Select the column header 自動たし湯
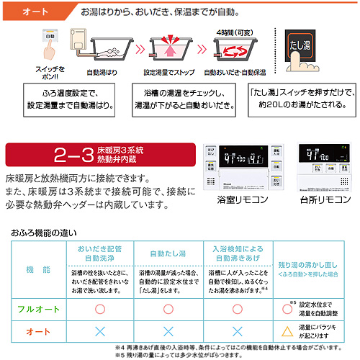click(x=170, y=253)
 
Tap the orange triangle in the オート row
click(x=287, y=332)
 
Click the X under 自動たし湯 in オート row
click(x=170, y=332)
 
